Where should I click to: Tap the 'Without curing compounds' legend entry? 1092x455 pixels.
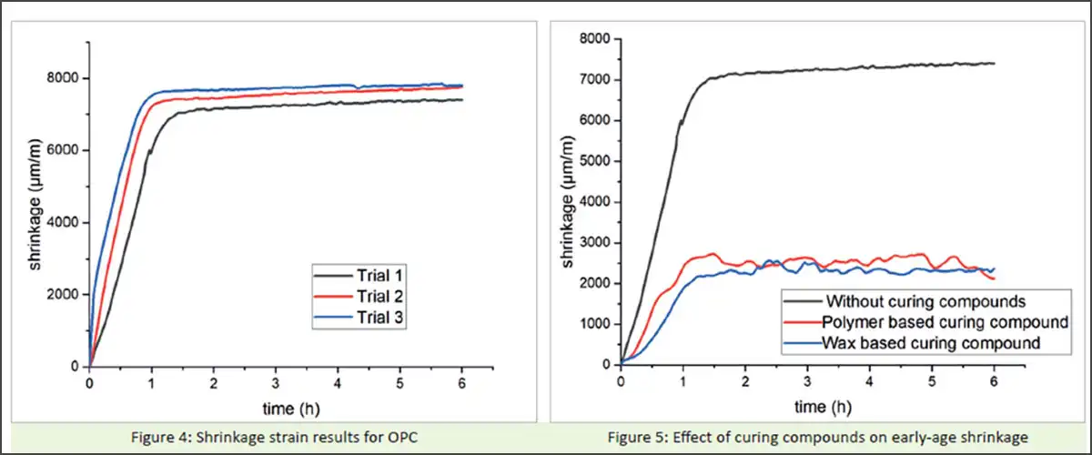(923, 300)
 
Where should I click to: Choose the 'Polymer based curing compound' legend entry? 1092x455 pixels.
(943, 322)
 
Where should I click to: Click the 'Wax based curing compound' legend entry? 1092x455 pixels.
(931, 343)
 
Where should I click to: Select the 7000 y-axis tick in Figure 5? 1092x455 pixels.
(597, 79)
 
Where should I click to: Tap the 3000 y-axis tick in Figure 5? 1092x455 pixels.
(597, 242)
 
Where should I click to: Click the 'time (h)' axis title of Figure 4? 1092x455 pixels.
(276, 405)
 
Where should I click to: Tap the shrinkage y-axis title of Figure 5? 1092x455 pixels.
(568, 202)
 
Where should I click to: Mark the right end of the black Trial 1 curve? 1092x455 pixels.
(462, 99)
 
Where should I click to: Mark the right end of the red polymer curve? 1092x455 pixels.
(994, 278)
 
